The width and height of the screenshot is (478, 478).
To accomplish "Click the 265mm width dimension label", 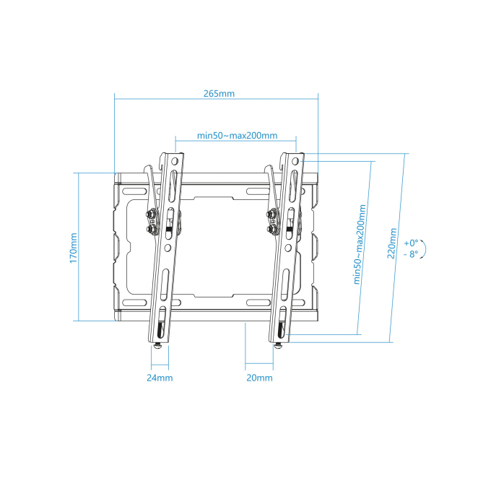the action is pos(220,93).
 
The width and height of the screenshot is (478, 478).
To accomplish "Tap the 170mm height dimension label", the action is pos(74,248).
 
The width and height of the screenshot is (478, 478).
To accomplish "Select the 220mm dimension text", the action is pos(392,243).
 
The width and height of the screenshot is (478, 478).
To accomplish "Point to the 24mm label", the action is pos(160,378).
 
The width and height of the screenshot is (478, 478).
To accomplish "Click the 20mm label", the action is pos(259,378).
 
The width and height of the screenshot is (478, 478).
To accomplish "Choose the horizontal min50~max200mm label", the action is pos(237,135).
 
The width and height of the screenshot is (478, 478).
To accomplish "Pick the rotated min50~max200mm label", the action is pos(360,245).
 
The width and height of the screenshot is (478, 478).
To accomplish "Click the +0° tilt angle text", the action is pos(412,243).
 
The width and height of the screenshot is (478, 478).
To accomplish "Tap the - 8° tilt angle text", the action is pos(412,253).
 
